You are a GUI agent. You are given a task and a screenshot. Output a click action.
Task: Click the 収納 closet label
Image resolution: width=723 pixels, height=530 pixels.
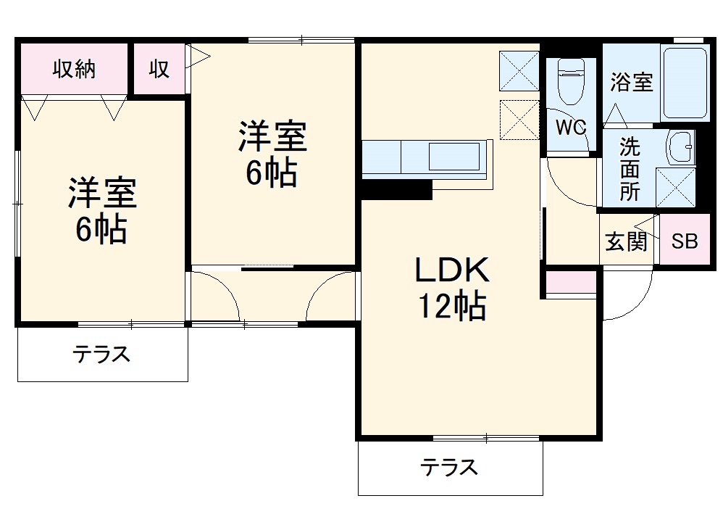(75, 70)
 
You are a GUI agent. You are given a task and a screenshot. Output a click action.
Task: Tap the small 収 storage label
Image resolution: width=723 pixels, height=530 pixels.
(159, 70)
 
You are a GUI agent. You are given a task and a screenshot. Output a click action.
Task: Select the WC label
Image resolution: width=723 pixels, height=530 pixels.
(570, 128)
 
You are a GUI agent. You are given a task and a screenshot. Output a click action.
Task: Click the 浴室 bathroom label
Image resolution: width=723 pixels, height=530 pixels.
(631, 83)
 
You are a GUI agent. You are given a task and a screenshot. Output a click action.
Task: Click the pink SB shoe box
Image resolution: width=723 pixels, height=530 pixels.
(684, 241)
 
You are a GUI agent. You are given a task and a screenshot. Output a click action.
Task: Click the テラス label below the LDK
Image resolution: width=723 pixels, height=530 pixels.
(450, 467)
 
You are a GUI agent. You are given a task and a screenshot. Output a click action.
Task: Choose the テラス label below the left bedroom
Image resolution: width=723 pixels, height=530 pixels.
(101, 355)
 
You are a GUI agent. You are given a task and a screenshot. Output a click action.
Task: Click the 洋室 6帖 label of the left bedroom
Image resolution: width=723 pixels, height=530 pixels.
(102, 211)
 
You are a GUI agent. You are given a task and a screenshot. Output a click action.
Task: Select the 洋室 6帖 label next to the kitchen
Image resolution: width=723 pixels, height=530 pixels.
(273, 154)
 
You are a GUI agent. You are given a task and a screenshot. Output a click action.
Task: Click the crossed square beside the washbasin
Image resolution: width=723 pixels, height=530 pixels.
(675, 188)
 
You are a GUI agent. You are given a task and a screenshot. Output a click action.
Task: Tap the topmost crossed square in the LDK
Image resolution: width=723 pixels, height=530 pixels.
(519, 71)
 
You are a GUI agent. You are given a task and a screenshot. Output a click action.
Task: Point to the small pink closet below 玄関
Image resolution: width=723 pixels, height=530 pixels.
(571, 283)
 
